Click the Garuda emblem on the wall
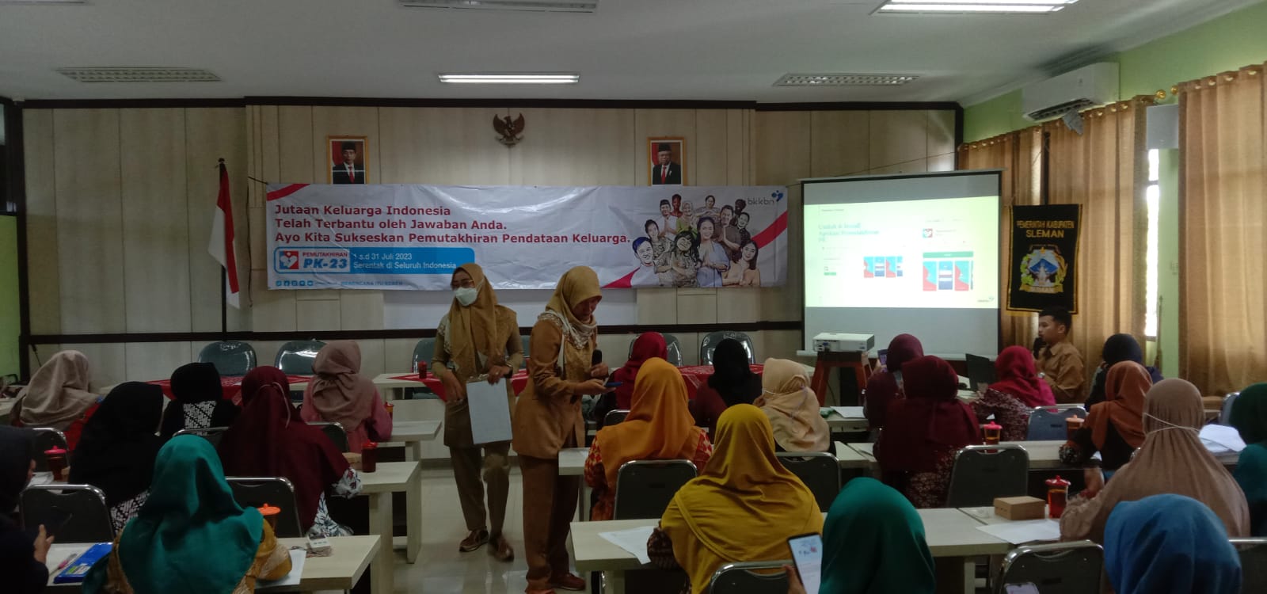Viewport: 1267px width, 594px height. coord(508,128)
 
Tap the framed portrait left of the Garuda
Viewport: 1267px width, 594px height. coord(347,160)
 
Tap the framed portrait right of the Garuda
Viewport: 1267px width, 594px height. coord(666,162)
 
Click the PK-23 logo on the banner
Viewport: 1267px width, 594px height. coord(312,259)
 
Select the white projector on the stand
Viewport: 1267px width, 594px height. coord(843,342)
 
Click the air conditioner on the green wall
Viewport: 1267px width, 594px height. coord(1069,89)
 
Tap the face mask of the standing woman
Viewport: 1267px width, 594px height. coord(466,295)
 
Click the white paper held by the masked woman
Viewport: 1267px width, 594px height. coord(489,411)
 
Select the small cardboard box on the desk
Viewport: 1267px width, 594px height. coord(1018,508)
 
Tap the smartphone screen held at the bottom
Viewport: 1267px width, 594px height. coord(806,561)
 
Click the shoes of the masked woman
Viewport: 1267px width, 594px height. coord(487,544)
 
